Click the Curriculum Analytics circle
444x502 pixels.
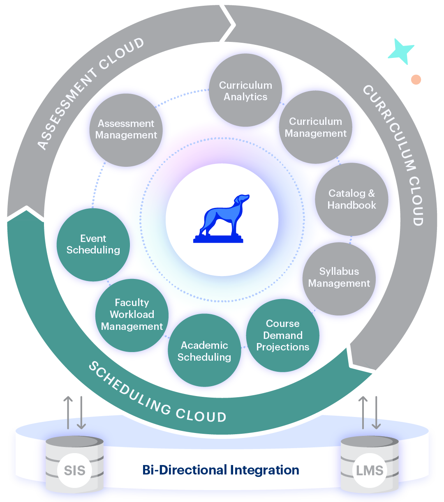pos(245,90)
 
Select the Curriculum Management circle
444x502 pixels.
pos(315,127)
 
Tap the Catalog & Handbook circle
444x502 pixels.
pos(351,199)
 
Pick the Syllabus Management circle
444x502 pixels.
pos(339,278)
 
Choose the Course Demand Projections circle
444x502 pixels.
pos(282,335)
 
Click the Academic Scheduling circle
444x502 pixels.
pos(204,350)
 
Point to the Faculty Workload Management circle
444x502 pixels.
pos(132,315)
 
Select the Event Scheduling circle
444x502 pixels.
pos(93,244)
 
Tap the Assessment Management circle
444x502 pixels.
pos(126,129)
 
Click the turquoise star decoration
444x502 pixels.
pos(400,52)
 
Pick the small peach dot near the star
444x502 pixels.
pos(416,79)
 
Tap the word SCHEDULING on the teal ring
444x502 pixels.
pos(129,389)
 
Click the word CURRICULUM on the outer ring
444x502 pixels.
pos(388,127)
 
